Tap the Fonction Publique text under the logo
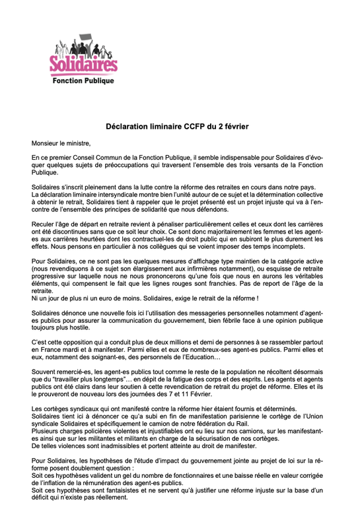84,81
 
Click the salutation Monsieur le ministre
61,143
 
